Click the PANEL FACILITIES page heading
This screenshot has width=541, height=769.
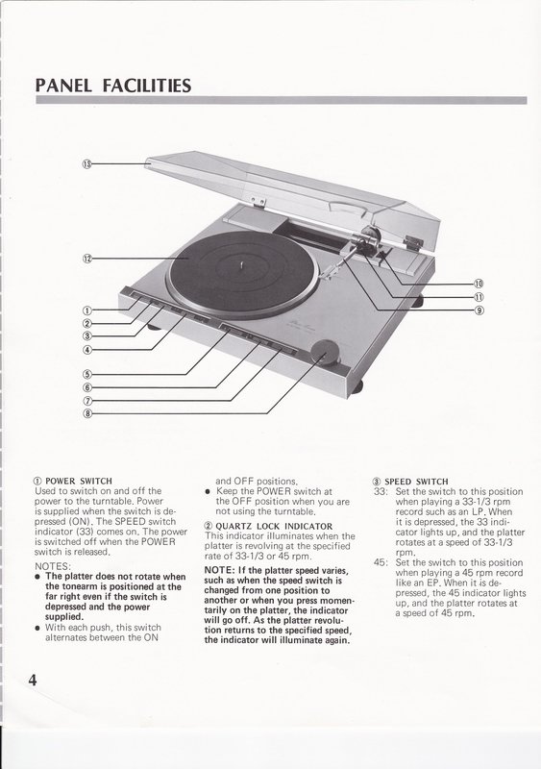point(113,86)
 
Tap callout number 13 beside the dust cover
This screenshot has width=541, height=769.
point(86,163)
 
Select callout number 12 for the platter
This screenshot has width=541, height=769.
point(86,259)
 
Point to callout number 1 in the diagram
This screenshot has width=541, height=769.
point(86,310)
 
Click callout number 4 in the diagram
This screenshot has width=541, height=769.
point(86,350)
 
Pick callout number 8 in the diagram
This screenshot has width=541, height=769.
point(87,413)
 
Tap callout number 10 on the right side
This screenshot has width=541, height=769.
point(480,284)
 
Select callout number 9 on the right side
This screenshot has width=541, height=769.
point(480,310)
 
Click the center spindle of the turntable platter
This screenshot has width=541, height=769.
point(242,265)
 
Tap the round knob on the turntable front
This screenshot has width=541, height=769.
point(325,352)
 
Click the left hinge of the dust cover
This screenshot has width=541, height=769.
point(258,201)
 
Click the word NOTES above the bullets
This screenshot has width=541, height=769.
point(53,566)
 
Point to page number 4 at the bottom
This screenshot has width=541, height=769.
point(33,681)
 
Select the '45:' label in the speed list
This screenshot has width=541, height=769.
point(381,562)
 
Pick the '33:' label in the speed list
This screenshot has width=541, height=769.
point(381,491)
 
